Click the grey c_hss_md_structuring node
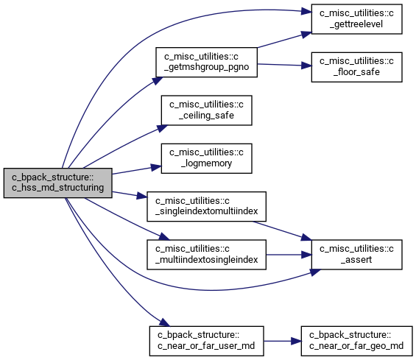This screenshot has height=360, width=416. pyautogui.click(x=58, y=183)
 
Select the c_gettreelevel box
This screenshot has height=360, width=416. pyautogui.click(x=356, y=19)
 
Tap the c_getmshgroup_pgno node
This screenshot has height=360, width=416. pyautogui.click(x=206, y=63)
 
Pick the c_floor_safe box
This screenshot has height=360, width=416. pyautogui.click(x=356, y=67)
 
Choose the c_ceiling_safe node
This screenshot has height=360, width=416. pyautogui.click(x=206, y=110)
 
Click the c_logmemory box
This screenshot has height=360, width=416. pyautogui.click(x=206, y=158)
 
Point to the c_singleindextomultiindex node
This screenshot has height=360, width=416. pyautogui.click(x=206, y=206)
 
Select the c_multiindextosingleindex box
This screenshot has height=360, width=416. pyautogui.click(x=206, y=255)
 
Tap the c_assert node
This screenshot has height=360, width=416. pyautogui.click(x=356, y=255)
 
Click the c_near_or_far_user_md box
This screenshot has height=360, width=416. pyautogui.click(x=206, y=341)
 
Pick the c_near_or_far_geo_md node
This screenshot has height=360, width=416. pyautogui.click(x=356, y=341)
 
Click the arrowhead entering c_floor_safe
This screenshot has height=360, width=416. pyautogui.click(x=306, y=66)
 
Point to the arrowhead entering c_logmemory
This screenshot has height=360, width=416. pyautogui.click(x=156, y=167)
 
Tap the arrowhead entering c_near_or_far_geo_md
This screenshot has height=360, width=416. pyautogui.click(x=296, y=341)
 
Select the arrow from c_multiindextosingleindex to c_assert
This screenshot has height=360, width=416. pyautogui.click(x=289, y=255)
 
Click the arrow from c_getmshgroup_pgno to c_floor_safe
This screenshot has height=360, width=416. pyautogui.click(x=284, y=65)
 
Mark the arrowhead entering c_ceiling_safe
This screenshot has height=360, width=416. pyautogui.click(x=163, y=128)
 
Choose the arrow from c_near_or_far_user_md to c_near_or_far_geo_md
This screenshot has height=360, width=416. pyautogui.click(x=282, y=341)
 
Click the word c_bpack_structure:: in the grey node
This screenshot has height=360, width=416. pyautogui.click(x=52, y=177)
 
